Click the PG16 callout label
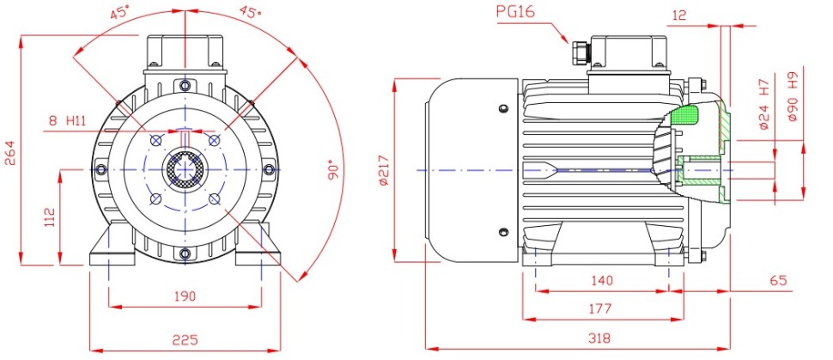516,12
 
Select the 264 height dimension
11,153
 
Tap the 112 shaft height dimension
50,217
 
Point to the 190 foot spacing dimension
185,296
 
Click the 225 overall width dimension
185,339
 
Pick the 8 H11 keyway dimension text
67,120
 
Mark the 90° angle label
333,169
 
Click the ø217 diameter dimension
384,170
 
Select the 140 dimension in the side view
601,280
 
